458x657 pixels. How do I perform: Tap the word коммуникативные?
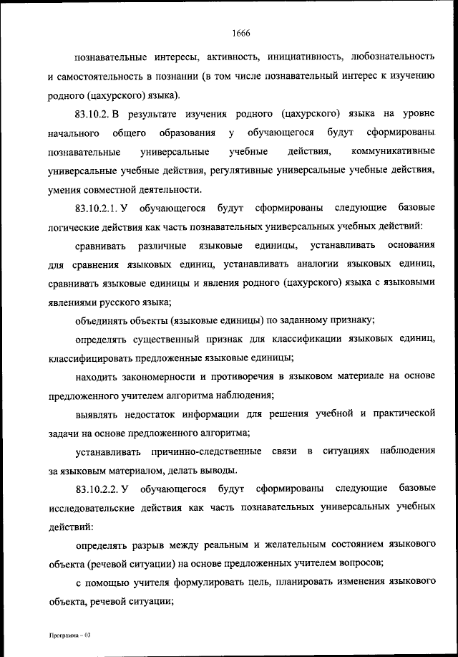pos(394,152)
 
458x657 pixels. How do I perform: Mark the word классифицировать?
pos(97,358)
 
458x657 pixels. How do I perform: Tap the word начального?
pos(74,133)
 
